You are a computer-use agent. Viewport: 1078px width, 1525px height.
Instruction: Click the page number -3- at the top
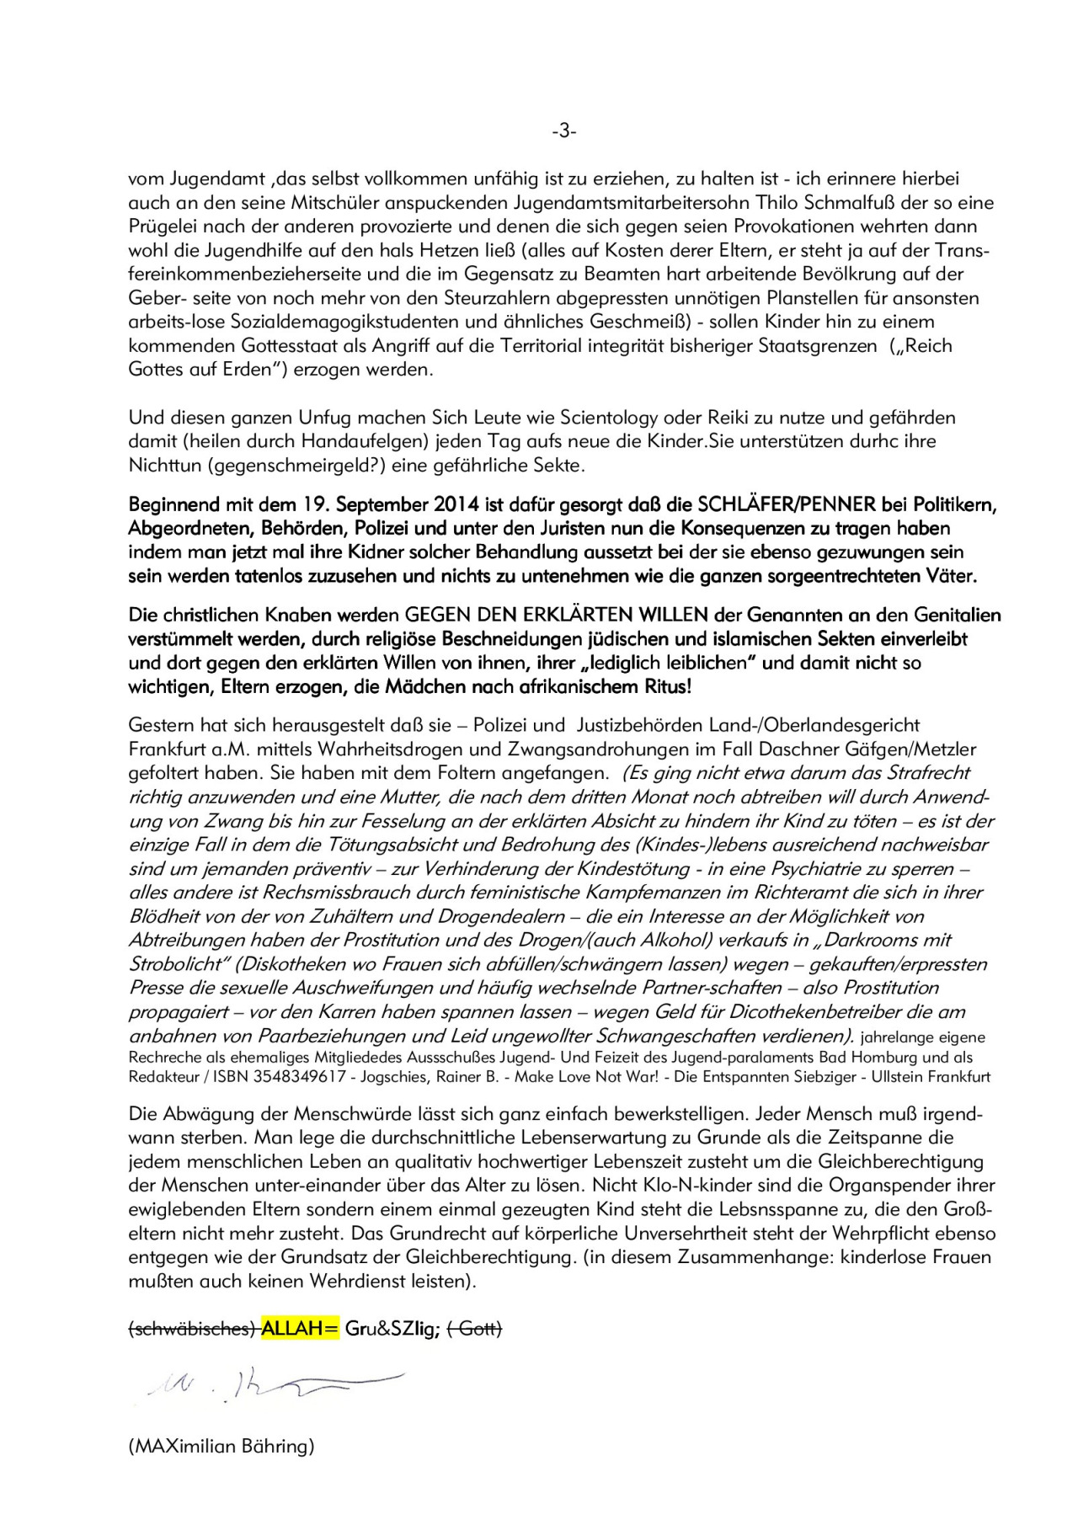pos(563,131)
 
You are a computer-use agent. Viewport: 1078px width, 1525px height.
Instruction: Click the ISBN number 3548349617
pos(305,1077)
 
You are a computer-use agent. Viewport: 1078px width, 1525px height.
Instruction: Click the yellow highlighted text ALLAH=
pos(300,1329)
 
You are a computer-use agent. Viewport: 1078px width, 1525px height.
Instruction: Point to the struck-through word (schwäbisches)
pos(193,1329)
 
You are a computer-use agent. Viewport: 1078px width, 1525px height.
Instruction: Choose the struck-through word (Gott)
pos(474,1329)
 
